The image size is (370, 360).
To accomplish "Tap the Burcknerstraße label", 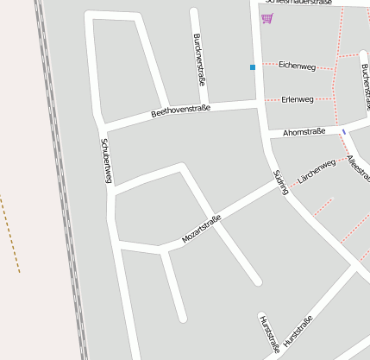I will [199, 59].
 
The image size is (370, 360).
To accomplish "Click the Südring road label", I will [280, 181].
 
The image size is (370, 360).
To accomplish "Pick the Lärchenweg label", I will [316, 171].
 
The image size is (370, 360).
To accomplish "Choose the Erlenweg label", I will [298, 99].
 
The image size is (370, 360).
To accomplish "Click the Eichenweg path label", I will [297, 66].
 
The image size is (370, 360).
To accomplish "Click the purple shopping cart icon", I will [267, 18].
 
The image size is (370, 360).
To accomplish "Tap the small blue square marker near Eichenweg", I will [253, 66].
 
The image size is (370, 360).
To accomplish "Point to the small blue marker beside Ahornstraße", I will [344, 131].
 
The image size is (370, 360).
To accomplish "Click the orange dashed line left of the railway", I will [9, 233].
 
